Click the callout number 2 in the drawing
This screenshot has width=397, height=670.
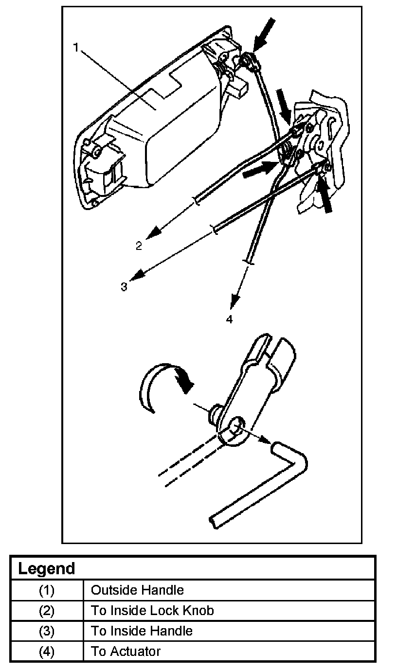139,246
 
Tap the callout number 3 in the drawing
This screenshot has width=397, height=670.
124,287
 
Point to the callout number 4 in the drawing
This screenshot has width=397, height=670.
229,319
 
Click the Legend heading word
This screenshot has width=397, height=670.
47,568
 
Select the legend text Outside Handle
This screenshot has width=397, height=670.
138,590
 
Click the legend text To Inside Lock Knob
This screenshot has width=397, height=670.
152,610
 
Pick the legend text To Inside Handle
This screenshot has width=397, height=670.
142,631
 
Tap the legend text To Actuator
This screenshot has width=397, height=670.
126,651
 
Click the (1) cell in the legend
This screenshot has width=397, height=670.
47,590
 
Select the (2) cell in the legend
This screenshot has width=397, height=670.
47,610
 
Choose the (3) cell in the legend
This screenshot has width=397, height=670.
47,631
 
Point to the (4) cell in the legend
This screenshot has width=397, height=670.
47,651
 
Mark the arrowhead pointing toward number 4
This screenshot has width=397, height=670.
235,301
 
